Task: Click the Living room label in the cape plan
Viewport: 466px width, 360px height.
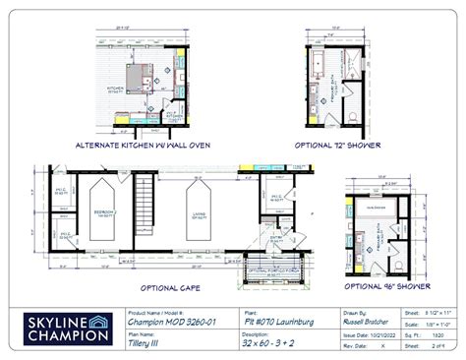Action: (201, 210)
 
